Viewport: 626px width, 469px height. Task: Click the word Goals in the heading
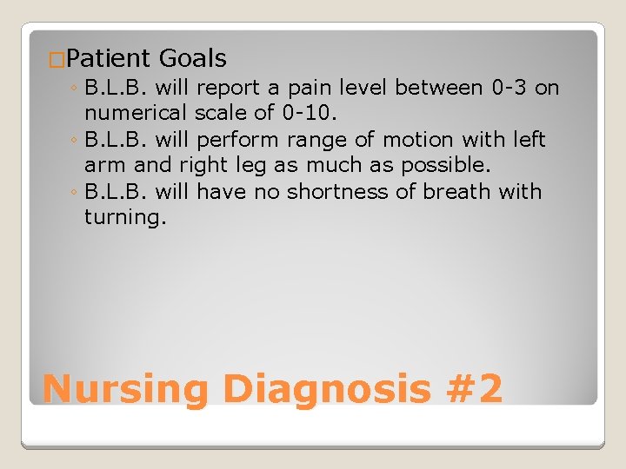point(192,59)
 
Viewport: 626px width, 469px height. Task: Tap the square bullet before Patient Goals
point(57,60)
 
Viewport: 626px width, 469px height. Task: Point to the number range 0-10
point(314,114)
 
